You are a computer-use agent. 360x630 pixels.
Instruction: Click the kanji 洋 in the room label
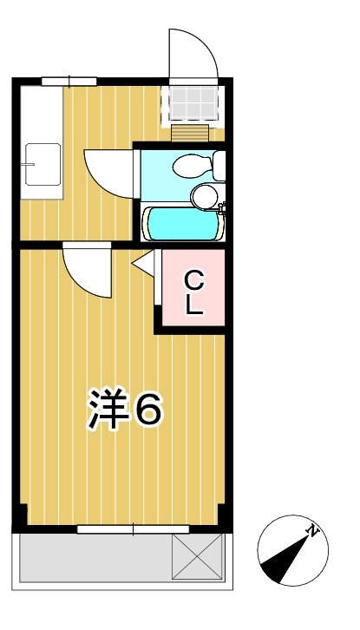click(107, 409)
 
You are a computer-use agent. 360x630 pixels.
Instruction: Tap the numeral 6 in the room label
click(147, 409)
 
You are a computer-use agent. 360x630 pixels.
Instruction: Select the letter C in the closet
click(194, 280)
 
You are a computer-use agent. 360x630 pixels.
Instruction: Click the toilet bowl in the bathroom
click(187, 164)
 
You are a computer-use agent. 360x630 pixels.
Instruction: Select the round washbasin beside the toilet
click(206, 197)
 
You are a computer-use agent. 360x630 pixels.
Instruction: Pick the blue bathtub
click(183, 224)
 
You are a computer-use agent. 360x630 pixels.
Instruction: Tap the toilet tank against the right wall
click(219, 164)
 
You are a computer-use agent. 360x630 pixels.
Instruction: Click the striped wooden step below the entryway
click(190, 132)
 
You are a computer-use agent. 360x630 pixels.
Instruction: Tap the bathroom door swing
click(108, 169)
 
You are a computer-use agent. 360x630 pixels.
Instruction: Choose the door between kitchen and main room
click(86, 271)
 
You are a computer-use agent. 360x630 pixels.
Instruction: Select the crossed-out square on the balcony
click(197, 556)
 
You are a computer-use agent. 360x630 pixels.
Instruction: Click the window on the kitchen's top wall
click(69, 81)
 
